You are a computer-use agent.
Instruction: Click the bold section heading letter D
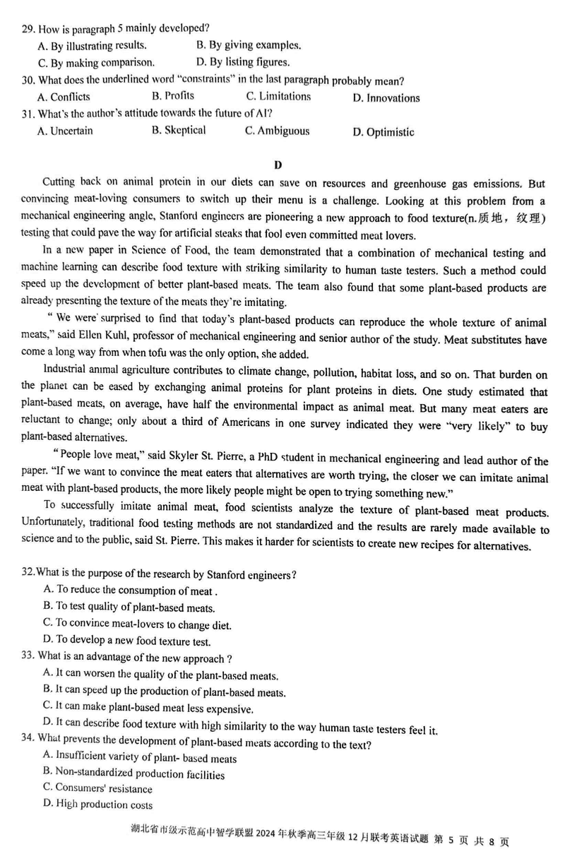tap(278, 165)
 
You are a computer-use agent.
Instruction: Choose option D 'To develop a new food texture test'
tap(126, 641)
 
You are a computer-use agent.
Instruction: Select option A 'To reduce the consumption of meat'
tap(131, 590)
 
